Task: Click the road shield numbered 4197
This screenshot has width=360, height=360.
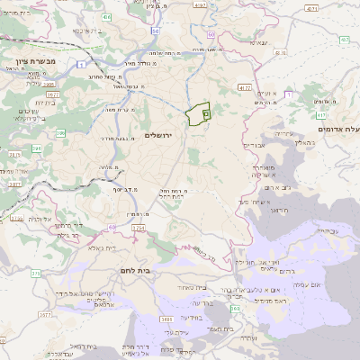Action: click(200, 4)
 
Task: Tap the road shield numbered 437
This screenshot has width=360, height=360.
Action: click(346, 40)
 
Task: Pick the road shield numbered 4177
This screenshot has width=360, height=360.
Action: click(246, 88)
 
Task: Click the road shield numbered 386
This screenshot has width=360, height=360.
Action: click(61, 133)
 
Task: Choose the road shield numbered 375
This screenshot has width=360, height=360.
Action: click(35, 273)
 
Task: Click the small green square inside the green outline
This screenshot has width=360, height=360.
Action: click(205, 114)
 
